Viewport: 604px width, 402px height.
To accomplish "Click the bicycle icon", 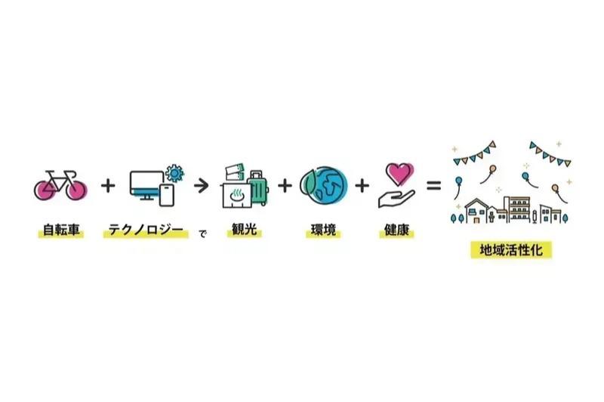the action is click(x=60, y=186).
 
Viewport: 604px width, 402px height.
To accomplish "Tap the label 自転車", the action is click(x=61, y=230).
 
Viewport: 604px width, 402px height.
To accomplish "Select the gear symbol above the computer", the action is click(x=174, y=174).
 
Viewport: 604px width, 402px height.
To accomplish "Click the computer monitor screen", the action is click(x=146, y=183).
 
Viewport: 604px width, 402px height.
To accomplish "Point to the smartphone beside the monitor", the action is click(x=167, y=195).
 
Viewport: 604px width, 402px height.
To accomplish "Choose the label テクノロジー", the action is click(x=146, y=230).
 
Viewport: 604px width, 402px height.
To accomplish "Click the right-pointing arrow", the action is click(x=201, y=186).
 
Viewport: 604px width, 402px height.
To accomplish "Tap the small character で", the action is click(x=202, y=233).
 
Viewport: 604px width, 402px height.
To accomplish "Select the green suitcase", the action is click(x=258, y=188).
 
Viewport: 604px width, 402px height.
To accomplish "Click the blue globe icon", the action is click(x=324, y=185).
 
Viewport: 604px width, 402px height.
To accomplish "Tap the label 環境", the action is click(x=324, y=230).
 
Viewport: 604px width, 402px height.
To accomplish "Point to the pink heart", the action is click(x=399, y=174).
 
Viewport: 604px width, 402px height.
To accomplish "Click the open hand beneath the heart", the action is click(x=396, y=199).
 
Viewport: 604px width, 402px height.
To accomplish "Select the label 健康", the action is click(x=397, y=230).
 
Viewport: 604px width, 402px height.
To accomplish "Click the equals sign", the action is click(x=433, y=186).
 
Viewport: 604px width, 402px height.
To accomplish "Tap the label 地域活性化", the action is click(x=511, y=250).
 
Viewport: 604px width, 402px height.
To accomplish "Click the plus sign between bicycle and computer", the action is click(x=108, y=186).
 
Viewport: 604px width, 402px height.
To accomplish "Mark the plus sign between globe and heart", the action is click(x=362, y=186).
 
